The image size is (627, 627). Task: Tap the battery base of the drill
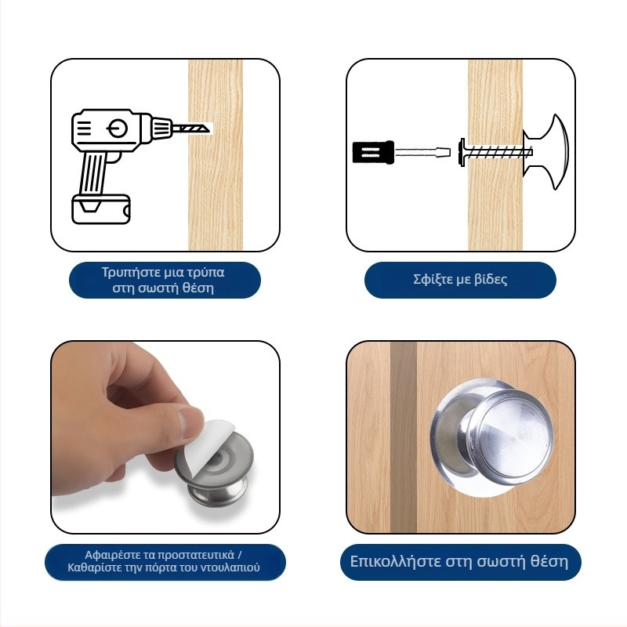pyautogui.click(x=101, y=209)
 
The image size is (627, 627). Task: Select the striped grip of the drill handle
pyautogui.click(x=93, y=172)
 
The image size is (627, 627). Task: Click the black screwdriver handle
pyautogui.click(x=373, y=152)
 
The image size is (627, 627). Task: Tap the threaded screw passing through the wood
pyautogui.click(x=496, y=152)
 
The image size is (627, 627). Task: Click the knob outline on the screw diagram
pyautogui.click(x=546, y=152)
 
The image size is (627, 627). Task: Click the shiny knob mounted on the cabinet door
pyautogui.click(x=493, y=437)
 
